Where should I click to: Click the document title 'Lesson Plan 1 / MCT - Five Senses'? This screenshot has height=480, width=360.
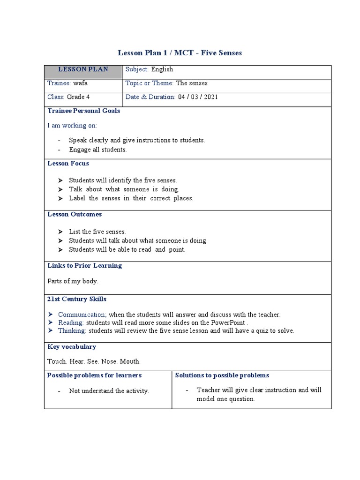[179, 53]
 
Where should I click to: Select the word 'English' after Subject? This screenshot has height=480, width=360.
[162, 69]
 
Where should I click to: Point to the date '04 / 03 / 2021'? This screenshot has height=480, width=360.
[197, 97]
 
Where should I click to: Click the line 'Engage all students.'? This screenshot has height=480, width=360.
[98, 150]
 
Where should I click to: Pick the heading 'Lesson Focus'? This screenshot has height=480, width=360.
[68, 164]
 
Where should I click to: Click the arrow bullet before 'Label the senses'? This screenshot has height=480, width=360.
[60, 198]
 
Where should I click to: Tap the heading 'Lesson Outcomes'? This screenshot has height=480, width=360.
[75, 215]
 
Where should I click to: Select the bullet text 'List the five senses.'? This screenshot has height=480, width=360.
[97, 232]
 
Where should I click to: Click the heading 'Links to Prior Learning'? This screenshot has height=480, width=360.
[85, 266]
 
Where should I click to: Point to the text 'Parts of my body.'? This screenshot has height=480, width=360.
[73, 281]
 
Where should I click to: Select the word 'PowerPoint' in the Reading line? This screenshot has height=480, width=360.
[228, 322]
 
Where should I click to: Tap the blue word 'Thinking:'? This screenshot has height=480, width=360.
[72, 330]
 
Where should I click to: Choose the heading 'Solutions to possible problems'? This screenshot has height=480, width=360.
[222, 375]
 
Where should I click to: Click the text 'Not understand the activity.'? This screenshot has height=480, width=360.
[109, 391]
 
